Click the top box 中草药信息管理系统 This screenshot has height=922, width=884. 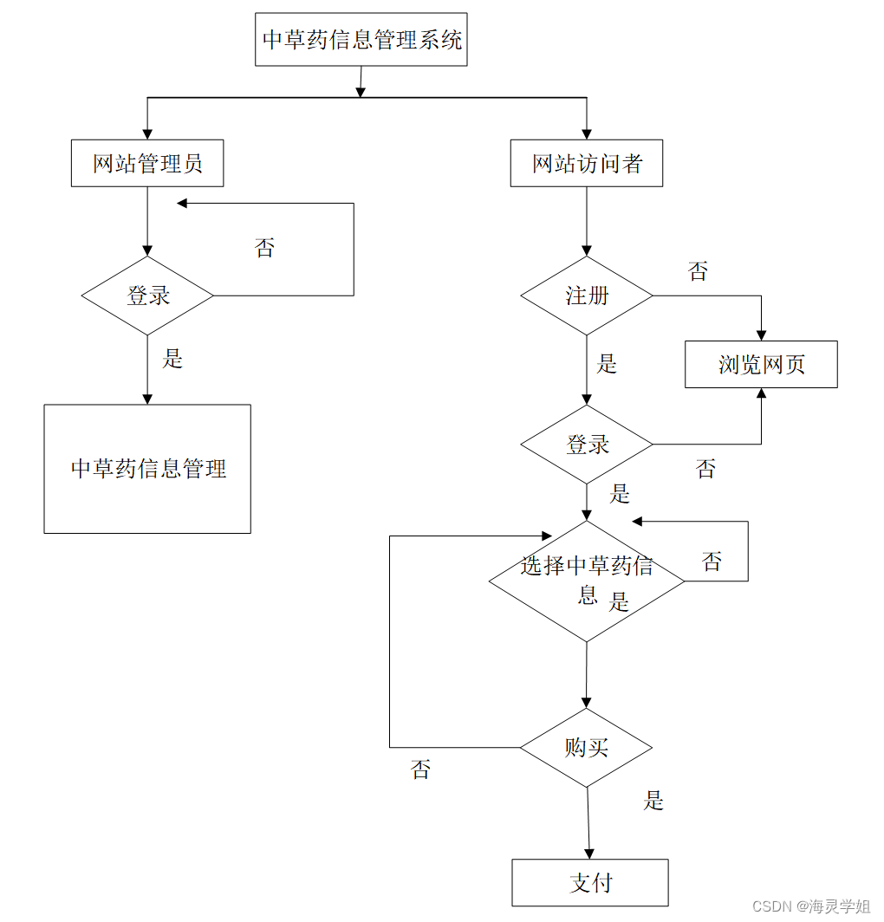click(x=361, y=40)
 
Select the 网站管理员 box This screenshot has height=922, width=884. click(x=147, y=163)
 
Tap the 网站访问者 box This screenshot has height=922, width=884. click(x=587, y=163)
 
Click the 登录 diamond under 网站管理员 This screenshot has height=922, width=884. click(x=147, y=295)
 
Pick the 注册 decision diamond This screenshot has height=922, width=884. click(x=587, y=295)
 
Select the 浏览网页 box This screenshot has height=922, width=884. click(x=761, y=364)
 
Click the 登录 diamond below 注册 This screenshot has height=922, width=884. click(x=587, y=445)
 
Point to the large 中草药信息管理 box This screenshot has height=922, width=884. click(x=147, y=469)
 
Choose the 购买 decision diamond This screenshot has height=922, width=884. click(x=587, y=747)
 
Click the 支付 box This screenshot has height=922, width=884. click(x=590, y=882)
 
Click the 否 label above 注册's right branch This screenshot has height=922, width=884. click(x=698, y=271)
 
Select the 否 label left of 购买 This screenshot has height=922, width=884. click(x=420, y=769)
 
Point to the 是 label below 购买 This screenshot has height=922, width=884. click(x=653, y=800)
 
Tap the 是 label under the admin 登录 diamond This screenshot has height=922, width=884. click(x=173, y=359)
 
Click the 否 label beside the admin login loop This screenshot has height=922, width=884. click(x=264, y=249)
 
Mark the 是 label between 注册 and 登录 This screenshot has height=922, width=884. click(x=607, y=363)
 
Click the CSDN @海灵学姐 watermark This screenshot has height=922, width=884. click(x=810, y=906)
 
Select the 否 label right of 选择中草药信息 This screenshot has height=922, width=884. click(x=712, y=562)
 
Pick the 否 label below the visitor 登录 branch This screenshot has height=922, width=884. click(x=705, y=469)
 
